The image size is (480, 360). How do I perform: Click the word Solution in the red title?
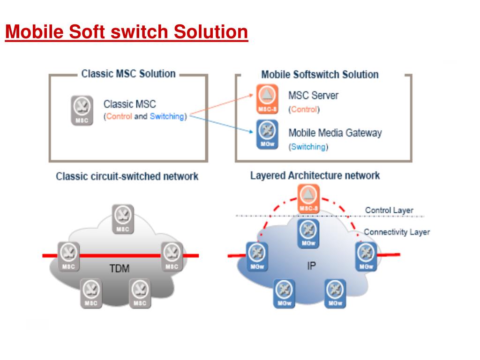click(210, 32)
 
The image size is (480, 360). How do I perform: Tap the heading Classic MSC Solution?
click(128, 74)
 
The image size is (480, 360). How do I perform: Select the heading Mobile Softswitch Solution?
click(320, 75)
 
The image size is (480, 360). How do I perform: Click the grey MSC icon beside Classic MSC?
click(82, 111)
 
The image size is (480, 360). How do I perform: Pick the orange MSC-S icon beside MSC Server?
click(267, 99)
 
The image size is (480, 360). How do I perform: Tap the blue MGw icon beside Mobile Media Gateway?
click(267, 135)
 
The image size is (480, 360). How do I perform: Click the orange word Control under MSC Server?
click(304, 109)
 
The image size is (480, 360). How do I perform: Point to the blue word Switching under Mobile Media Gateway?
click(308, 147)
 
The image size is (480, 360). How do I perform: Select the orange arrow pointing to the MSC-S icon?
click(222, 105)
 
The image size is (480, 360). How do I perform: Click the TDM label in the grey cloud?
click(120, 269)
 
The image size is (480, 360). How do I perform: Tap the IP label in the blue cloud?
click(311, 266)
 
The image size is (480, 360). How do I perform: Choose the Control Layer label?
click(389, 210)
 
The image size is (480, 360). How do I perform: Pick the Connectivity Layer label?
click(397, 232)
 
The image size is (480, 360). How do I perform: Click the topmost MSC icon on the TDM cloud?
click(123, 219)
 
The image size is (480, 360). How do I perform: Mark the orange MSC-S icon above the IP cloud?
click(308, 198)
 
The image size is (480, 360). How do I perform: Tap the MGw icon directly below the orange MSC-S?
click(308, 233)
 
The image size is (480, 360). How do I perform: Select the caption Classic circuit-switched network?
click(127, 176)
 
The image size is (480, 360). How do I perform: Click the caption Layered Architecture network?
click(315, 175)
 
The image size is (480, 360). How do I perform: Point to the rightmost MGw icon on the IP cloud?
click(366, 256)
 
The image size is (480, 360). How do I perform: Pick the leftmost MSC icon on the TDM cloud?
click(68, 256)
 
